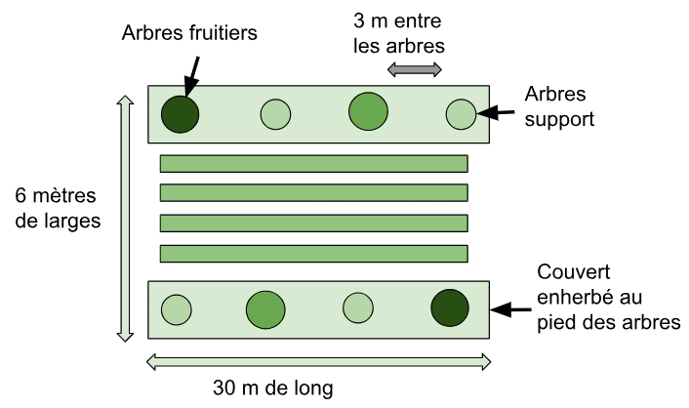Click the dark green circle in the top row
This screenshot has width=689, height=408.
click(x=180, y=114)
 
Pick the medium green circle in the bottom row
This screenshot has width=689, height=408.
click(x=264, y=309)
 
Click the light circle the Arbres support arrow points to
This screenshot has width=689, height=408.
click(x=460, y=114)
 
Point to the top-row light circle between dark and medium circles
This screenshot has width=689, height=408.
click(x=276, y=115)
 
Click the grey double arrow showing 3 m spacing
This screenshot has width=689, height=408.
click(x=415, y=68)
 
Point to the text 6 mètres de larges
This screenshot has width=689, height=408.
click(x=59, y=208)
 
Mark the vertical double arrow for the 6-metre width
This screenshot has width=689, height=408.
click(x=125, y=218)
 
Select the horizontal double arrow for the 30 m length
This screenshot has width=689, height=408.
click(x=318, y=362)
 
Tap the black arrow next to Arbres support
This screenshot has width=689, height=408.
click(x=497, y=114)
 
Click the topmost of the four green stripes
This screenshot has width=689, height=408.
click(x=313, y=163)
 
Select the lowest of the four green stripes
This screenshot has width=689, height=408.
click(x=313, y=254)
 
